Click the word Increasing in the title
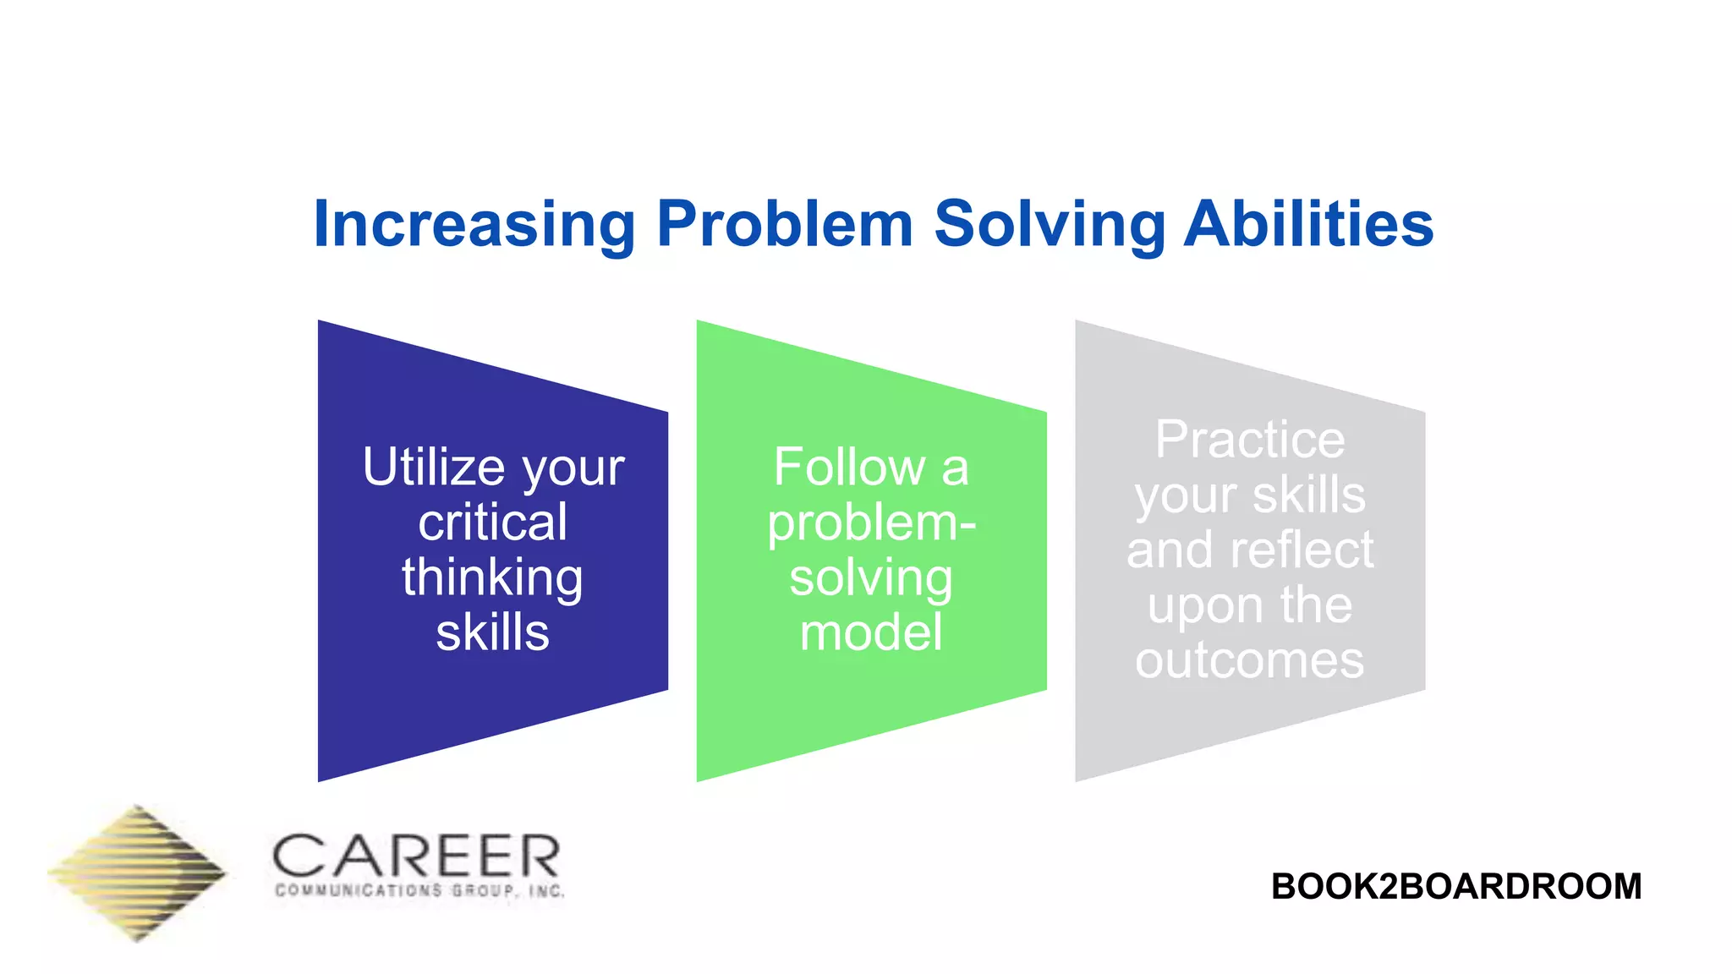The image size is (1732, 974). pos(474,225)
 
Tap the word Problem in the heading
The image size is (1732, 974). pos(785,225)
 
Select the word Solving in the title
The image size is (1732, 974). pos(1049,225)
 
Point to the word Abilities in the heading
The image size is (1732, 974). pos(1308,225)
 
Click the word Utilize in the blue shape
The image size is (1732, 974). pos(434,467)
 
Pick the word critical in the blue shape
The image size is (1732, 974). pos(492,523)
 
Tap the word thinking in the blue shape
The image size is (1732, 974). pos(492,578)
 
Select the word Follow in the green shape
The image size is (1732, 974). pos(849,467)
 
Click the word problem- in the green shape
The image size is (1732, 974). pos(871,523)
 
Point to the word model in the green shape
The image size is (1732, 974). pos(871,632)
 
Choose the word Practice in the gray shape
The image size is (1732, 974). pos(1250,440)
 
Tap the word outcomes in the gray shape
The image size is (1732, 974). pos(1250,659)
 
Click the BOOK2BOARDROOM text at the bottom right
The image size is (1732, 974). pos(1456,886)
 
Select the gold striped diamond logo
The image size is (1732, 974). pos(138,873)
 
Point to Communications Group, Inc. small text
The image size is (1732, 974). pos(419,891)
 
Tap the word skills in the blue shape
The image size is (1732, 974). pos(492,632)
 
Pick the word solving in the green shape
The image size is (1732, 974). pos(871,578)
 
